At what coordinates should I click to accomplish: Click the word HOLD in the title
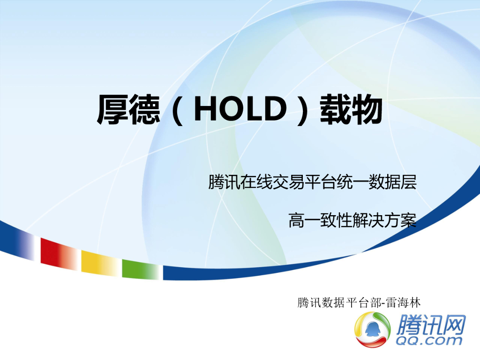point(240,110)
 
